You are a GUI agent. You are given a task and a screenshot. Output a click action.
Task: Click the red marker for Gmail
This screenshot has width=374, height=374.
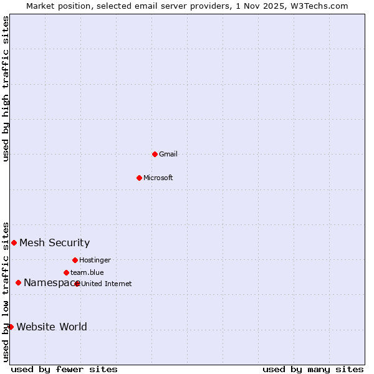pyautogui.click(x=155, y=154)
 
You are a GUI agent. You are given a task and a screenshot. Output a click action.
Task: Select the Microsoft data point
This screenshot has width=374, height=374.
pyautogui.click(x=140, y=178)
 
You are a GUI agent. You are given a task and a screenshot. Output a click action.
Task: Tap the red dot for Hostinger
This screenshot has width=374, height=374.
pyautogui.click(x=75, y=260)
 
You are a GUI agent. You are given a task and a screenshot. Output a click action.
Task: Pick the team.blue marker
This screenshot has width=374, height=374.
pyautogui.click(x=66, y=272)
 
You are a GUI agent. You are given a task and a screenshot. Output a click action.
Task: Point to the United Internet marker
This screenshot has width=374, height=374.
pyautogui.click(x=77, y=284)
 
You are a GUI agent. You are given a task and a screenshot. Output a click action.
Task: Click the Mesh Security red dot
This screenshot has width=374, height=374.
pyautogui.click(x=14, y=242)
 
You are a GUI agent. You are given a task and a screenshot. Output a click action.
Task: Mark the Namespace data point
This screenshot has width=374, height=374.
pyautogui.click(x=18, y=282)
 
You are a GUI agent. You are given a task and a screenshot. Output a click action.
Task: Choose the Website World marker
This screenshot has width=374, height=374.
pyautogui.click(x=11, y=327)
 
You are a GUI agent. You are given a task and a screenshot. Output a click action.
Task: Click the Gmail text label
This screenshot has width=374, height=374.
pyautogui.click(x=168, y=154)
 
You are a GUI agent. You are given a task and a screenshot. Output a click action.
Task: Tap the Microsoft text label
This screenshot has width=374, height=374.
pyautogui.click(x=158, y=178)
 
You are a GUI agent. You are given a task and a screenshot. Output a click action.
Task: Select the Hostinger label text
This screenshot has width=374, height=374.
pyautogui.click(x=95, y=260)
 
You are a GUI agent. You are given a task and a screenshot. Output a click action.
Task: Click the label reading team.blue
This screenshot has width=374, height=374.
pyautogui.click(x=87, y=272)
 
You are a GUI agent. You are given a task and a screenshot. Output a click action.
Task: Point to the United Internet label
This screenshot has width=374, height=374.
pyautogui.click(x=107, y=284)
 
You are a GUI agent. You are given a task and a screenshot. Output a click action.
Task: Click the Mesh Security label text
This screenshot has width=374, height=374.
pyautogui.click(x=54, y=243)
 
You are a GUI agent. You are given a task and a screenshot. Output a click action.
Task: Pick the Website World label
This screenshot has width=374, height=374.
pyautogui.click(x=52, y=327)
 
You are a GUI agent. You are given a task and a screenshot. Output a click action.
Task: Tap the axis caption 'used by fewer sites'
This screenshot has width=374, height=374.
pyautogui.click(x=64, y=369)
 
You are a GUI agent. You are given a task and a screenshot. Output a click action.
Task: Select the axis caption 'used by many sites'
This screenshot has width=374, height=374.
pyautogui.click(x=313, y=369)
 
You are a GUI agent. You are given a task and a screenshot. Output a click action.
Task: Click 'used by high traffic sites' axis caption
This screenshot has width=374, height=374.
pyautogui.click(x=6, y=89)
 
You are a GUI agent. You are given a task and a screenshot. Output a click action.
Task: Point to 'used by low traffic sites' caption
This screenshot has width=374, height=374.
pyautogui.click(x=6, y=291)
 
